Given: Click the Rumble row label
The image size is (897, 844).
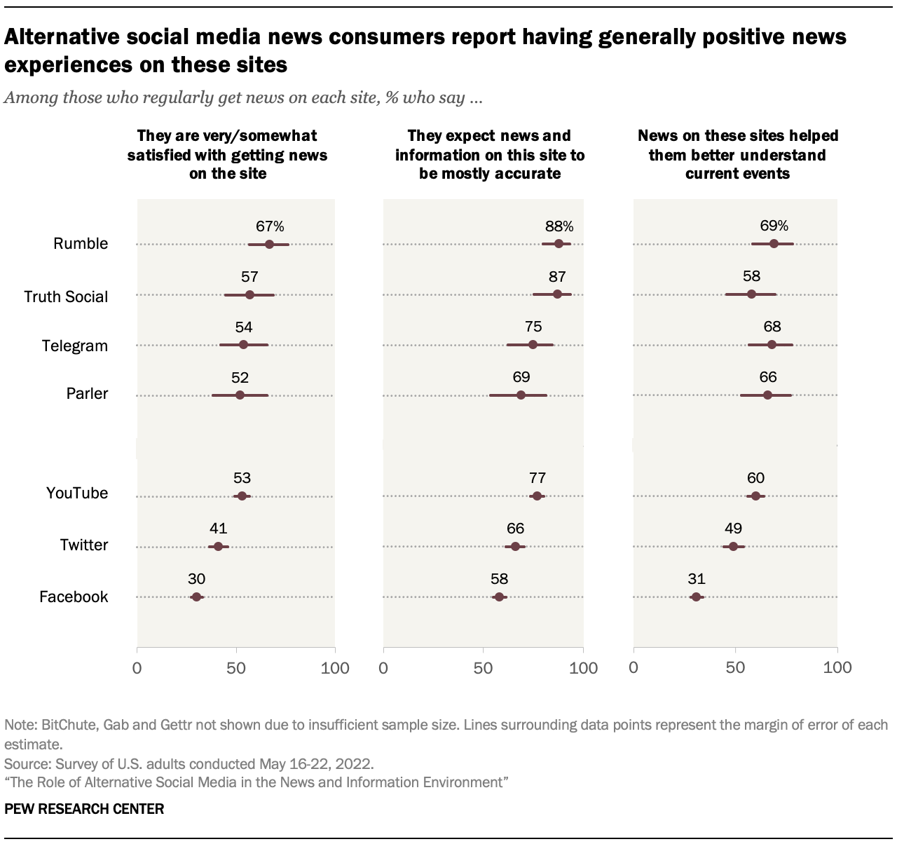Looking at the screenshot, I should [x=81, y=244].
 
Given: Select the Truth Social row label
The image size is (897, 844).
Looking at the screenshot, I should [x=66, y=297].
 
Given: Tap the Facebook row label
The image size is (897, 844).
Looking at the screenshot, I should [x=74, y=597].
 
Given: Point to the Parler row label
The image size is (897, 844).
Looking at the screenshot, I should [x=87, y=394].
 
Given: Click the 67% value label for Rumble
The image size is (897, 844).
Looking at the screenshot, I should [x=270, y=226].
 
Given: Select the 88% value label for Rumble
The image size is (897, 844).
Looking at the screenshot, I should [x=559, y=226].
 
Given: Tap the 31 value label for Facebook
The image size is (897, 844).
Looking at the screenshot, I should [x=696, y=579].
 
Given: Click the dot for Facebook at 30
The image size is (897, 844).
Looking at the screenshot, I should [x=196, y=597].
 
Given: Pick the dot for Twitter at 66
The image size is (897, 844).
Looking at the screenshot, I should [x=515, y=546].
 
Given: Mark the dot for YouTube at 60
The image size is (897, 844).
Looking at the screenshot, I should [x=755, y=496].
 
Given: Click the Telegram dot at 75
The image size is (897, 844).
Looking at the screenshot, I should [x=533, y=344].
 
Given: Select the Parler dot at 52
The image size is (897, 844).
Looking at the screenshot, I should [x=240, y=395].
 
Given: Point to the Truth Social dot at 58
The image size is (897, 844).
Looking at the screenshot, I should [x=751, y=294].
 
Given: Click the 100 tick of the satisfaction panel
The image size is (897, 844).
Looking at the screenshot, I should [x=335, y=668].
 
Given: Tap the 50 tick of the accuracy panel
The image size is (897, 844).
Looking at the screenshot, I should [x=483, y=668].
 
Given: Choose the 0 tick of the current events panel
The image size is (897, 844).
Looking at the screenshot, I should [x=634, y=668].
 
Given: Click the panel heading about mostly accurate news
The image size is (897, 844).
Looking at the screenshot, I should [x=489, y=154].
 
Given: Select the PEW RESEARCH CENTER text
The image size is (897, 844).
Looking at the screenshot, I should [x=84, y=809].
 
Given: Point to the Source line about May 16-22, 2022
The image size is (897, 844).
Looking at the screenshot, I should [x=189, y=763].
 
